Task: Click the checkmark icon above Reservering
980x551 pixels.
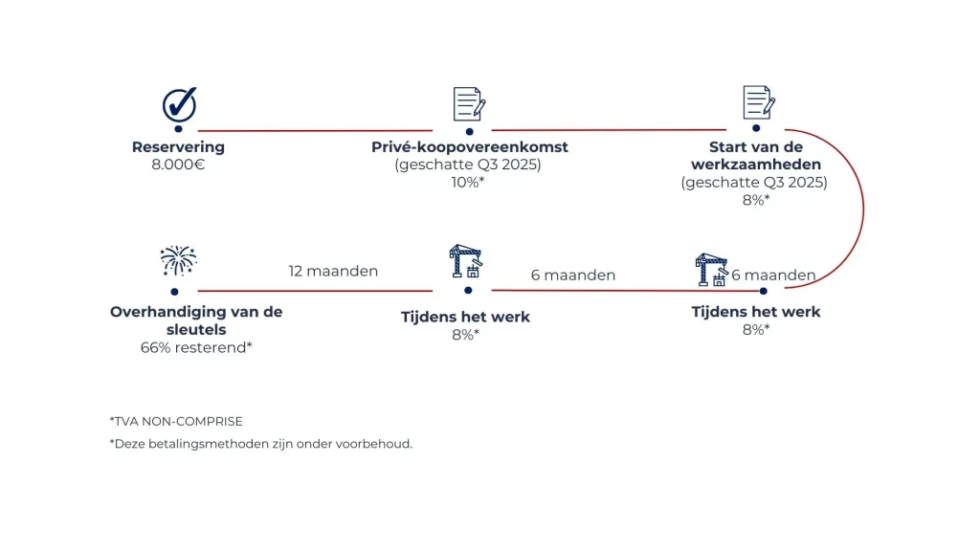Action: (x=178, y=103)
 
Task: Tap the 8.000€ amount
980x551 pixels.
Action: (x=178, y=165)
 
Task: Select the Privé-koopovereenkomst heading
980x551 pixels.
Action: (x=469, y=147)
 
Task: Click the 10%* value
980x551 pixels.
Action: (x=469, y=182)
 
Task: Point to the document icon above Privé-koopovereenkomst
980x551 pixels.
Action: (x=469, y=103)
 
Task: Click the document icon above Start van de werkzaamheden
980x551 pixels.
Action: (x=757, y=102)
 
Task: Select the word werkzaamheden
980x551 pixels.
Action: (x=755, y=165)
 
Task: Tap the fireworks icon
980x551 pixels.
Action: (x=178, y=260)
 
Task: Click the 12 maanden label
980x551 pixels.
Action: (x=333, y=271)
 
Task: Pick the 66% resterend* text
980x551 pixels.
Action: (x=196, y=346)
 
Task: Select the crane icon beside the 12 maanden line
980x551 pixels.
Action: (x=465, y=262)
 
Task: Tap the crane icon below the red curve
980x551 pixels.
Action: (x=712, y=269)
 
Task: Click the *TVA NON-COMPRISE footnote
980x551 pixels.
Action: (x=176, y=421)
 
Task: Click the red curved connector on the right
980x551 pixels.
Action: (x=863, y=209)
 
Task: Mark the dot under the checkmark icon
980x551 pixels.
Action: (x=178, y=129)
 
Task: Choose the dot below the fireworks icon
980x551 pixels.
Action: (x=174, y=291)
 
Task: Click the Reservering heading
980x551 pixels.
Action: (x=178, y=147)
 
